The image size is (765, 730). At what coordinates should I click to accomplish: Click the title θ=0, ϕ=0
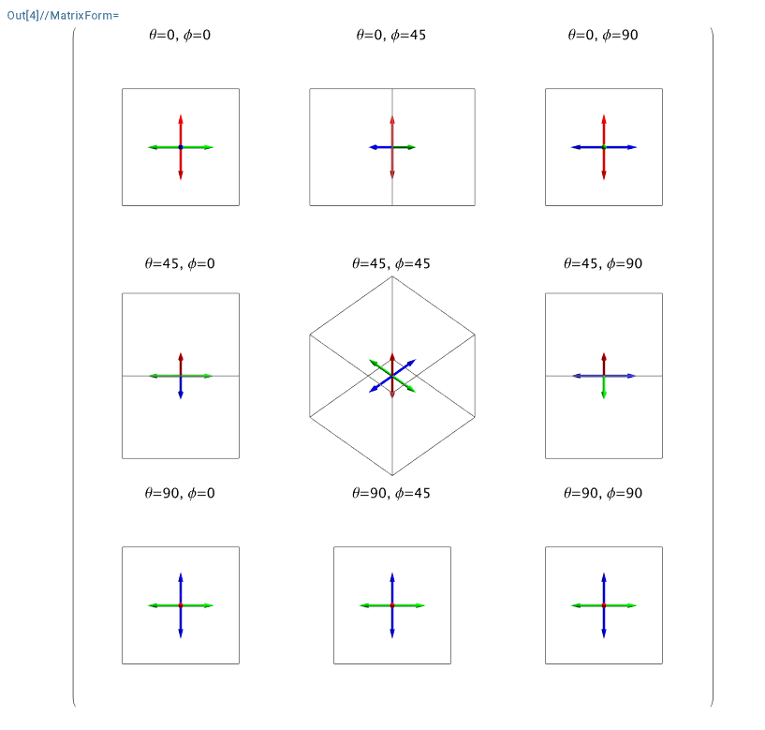click(181, 36)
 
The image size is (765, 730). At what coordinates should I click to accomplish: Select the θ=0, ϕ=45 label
click(391, 36)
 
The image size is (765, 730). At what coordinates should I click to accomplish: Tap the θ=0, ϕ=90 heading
click(603, 36)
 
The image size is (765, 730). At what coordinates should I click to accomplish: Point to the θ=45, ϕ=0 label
click(181, 264)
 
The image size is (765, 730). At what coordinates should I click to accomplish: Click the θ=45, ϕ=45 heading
click(391, 264)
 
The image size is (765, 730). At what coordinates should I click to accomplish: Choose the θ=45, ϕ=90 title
click(603, 264)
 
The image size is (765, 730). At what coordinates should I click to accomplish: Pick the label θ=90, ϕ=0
click(181, 493)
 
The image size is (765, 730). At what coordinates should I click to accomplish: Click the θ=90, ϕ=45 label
click(391, 493)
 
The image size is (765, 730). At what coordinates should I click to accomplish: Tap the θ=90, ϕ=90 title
click(603, 493)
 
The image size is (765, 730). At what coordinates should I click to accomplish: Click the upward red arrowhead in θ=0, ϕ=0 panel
click(181, 118)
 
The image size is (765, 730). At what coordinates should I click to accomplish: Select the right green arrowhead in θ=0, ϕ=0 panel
click(209, 147)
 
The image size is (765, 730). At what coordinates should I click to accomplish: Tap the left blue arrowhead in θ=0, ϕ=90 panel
click(575, 147)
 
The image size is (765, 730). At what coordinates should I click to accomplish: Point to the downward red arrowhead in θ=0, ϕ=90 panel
click(604, 176)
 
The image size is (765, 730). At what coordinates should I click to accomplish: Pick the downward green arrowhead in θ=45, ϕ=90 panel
click(604, 395)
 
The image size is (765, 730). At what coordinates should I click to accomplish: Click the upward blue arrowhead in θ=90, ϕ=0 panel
click(181, 576)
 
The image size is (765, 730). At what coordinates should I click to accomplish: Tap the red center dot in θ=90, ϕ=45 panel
click(392, 605)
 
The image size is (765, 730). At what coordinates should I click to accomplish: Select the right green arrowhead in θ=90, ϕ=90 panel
click(632, 605)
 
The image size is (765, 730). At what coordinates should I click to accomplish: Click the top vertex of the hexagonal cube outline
click(392, 276)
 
